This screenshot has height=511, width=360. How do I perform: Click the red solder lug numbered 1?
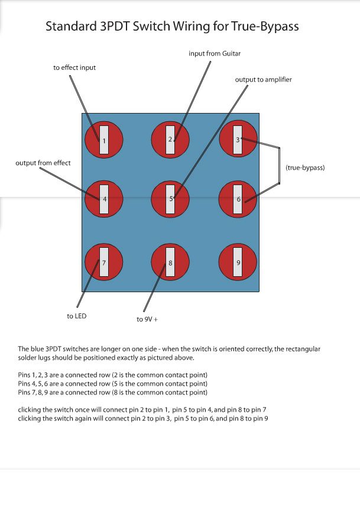pos(104,140)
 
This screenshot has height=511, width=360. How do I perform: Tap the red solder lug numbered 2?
pos(170,140)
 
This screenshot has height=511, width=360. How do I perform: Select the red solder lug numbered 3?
pos(238,140)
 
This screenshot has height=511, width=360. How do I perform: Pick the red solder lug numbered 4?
pos(104,199)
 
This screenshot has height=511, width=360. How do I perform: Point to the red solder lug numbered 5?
pos(170,199)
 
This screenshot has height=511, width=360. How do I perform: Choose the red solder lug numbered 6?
pos(238,199)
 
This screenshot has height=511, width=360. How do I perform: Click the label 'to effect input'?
pos(74,68)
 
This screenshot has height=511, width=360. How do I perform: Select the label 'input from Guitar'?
pos(215,54)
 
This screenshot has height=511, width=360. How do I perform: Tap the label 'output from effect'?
pos(43,163)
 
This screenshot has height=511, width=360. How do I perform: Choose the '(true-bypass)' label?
pos(305,167)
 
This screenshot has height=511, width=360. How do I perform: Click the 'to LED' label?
pos(77,316)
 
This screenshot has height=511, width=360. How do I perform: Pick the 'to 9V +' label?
pos(147,319)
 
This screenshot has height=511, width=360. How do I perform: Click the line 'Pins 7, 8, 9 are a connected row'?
pos(113,392)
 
